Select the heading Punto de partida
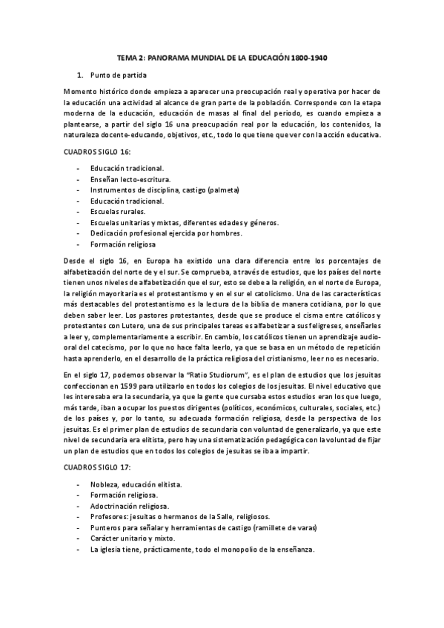118,75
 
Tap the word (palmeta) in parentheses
222,190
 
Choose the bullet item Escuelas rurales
119,211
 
